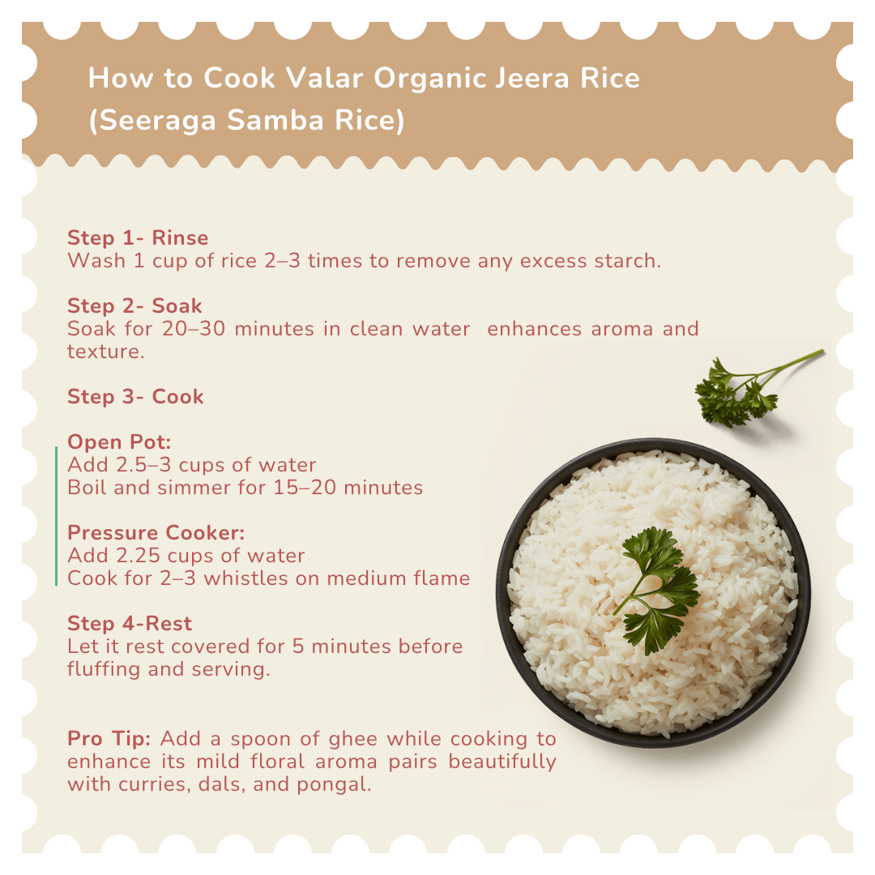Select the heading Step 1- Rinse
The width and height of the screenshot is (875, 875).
[138, 237]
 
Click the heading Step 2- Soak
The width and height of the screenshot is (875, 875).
[134, 305]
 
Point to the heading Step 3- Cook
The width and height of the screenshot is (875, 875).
[135, 397]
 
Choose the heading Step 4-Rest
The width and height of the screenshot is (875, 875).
[130, 623]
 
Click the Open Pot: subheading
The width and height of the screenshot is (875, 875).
[119, 442]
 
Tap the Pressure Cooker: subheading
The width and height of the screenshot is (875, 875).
[156, 533]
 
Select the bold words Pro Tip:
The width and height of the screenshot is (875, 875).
[109, 738]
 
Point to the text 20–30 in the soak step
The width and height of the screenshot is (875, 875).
[194, 329]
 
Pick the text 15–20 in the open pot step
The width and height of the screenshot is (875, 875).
[305, 488]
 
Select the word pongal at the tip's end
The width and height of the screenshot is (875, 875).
[334, 785]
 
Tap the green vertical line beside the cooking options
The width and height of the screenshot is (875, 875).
[57, 516]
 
